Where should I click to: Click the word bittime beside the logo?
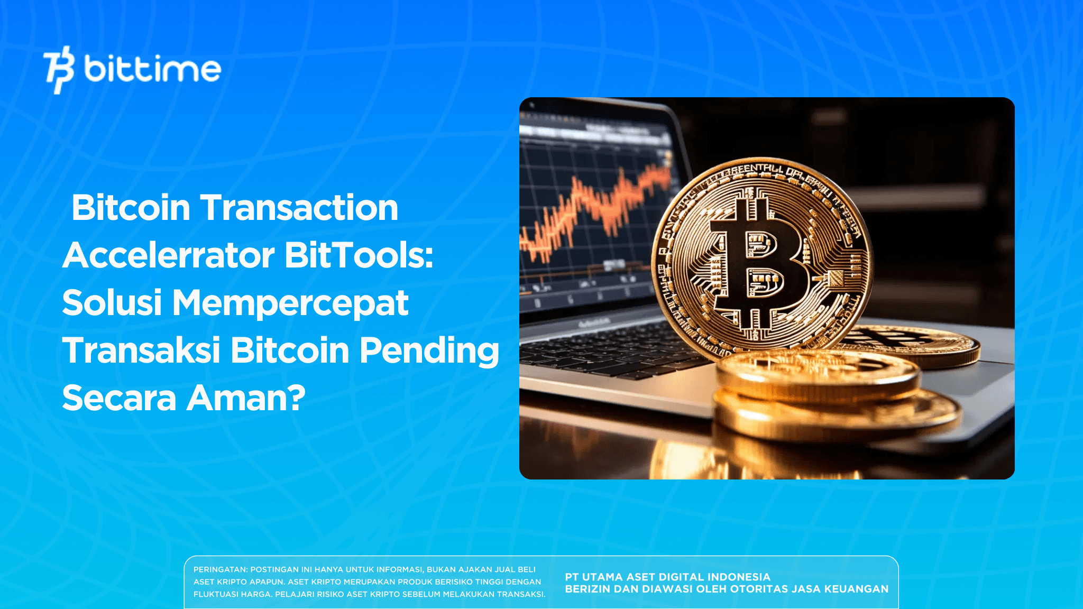[x=152, y=69]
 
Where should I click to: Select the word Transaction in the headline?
[x=299, y=208]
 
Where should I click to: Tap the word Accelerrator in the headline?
[x=169, y=255]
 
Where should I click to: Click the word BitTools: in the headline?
[x=359, y=255]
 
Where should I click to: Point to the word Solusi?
[x=112, y=303]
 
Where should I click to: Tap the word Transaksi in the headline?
[x=141, y=350]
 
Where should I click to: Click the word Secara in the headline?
[x=119, y=399]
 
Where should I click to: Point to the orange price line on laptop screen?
[x=598, y=206]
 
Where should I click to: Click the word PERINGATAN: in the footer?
[x=220, y=570]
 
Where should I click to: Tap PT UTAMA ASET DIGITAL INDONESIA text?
[x=667, y=577]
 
